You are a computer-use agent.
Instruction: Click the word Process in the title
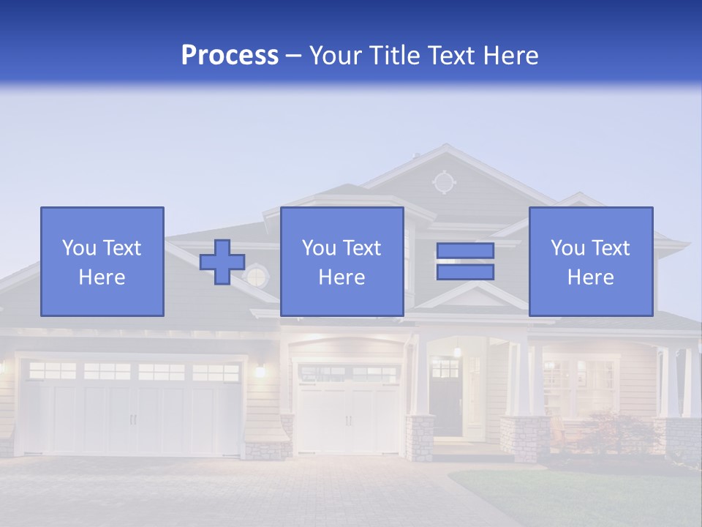(x=230, y=56)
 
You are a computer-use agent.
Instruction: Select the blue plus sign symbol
(x=222, y=261)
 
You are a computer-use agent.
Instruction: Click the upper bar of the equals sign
(x=465, y=250)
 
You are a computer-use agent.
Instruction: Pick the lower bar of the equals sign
(x=465, y=272)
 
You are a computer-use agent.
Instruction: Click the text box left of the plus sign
(x=102, y=261)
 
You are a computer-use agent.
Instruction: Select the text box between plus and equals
(x=341, y=261)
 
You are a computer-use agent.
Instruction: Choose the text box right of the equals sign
(x=590, y=261)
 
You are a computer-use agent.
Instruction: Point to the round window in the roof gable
(x=443, y=182)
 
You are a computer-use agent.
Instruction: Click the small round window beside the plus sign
(x=257, y=277)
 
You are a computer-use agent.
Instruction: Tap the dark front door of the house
(x=445, y=399)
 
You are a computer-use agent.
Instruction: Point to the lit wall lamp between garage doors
(x=260, y=370)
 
